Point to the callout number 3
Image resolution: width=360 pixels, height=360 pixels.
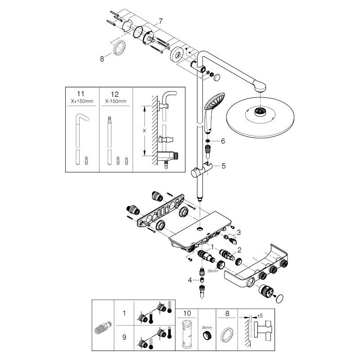(239, 232)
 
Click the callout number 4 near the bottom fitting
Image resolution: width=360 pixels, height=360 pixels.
(190, 279)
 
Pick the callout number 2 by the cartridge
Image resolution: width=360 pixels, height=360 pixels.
(240, 249)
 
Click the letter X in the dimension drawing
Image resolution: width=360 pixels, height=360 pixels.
(144, 130)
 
